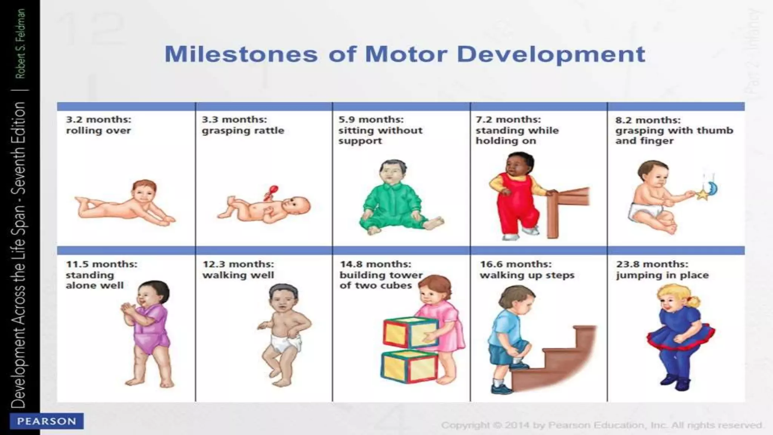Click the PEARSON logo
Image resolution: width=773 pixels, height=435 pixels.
click(x=46, y=421)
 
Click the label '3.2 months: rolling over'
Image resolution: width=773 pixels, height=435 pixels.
click(x=99, y=125)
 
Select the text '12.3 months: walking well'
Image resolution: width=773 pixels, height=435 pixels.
click(x=238, y=270)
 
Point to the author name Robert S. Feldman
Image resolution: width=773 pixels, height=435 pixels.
click(x=21, y=44)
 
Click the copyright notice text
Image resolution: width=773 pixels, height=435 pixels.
click(x=602, y=425)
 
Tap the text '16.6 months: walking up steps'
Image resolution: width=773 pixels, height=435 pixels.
click(x=527, y=270)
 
